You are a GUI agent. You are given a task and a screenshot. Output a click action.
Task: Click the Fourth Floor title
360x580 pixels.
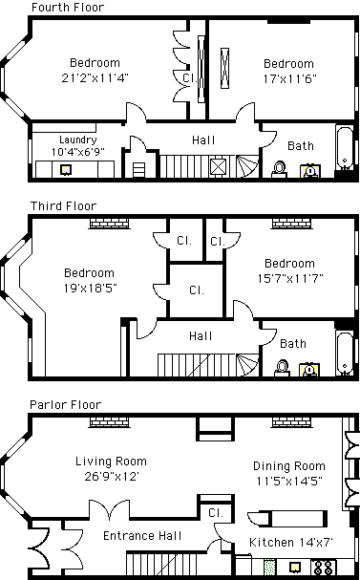click(x=68, y=7)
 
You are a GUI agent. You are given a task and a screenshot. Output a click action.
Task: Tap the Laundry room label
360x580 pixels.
click(x=78, y=140)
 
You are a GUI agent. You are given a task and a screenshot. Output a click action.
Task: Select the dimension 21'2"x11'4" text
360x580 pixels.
click(x=95, y=78)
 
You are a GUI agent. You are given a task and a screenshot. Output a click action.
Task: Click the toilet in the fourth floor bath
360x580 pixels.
click(x=279, y=169)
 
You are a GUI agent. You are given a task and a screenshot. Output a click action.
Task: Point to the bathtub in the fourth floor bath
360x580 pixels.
click(x=344, y=147)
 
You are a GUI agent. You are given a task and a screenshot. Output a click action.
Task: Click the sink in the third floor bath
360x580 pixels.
click(x=309, y=370)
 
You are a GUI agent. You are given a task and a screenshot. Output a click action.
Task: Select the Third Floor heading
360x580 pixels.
click(x=63, y=205)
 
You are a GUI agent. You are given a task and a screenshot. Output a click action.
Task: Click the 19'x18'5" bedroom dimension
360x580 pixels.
click(x=90, y=288)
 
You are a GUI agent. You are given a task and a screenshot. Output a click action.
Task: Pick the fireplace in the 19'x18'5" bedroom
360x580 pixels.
click(x=110, y=224)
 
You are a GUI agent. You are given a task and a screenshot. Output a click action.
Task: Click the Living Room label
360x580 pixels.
click(x=111, y=462)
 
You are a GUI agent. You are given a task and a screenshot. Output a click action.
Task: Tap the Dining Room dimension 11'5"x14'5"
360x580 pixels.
click(x=289, y=481)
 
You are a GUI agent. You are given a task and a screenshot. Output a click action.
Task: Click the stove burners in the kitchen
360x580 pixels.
click(x=324, y=567)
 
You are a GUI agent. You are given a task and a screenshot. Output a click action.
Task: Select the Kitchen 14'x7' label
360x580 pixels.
click(x=291, y=543)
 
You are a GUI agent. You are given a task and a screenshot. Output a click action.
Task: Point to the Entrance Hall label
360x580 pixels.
click(x=142, y=536)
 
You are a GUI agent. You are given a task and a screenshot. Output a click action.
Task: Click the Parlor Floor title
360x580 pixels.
click(x=66, y=405)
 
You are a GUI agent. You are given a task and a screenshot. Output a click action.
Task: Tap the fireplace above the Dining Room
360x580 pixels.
click(x=291, y=422)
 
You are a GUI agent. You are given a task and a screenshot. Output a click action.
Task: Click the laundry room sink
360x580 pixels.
click(x=66, y=170)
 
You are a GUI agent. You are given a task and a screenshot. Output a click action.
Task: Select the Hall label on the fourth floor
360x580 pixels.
click(x=203, y=140)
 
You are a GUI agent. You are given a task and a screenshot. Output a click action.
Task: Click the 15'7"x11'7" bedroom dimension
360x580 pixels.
click(x=290, y=278)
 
